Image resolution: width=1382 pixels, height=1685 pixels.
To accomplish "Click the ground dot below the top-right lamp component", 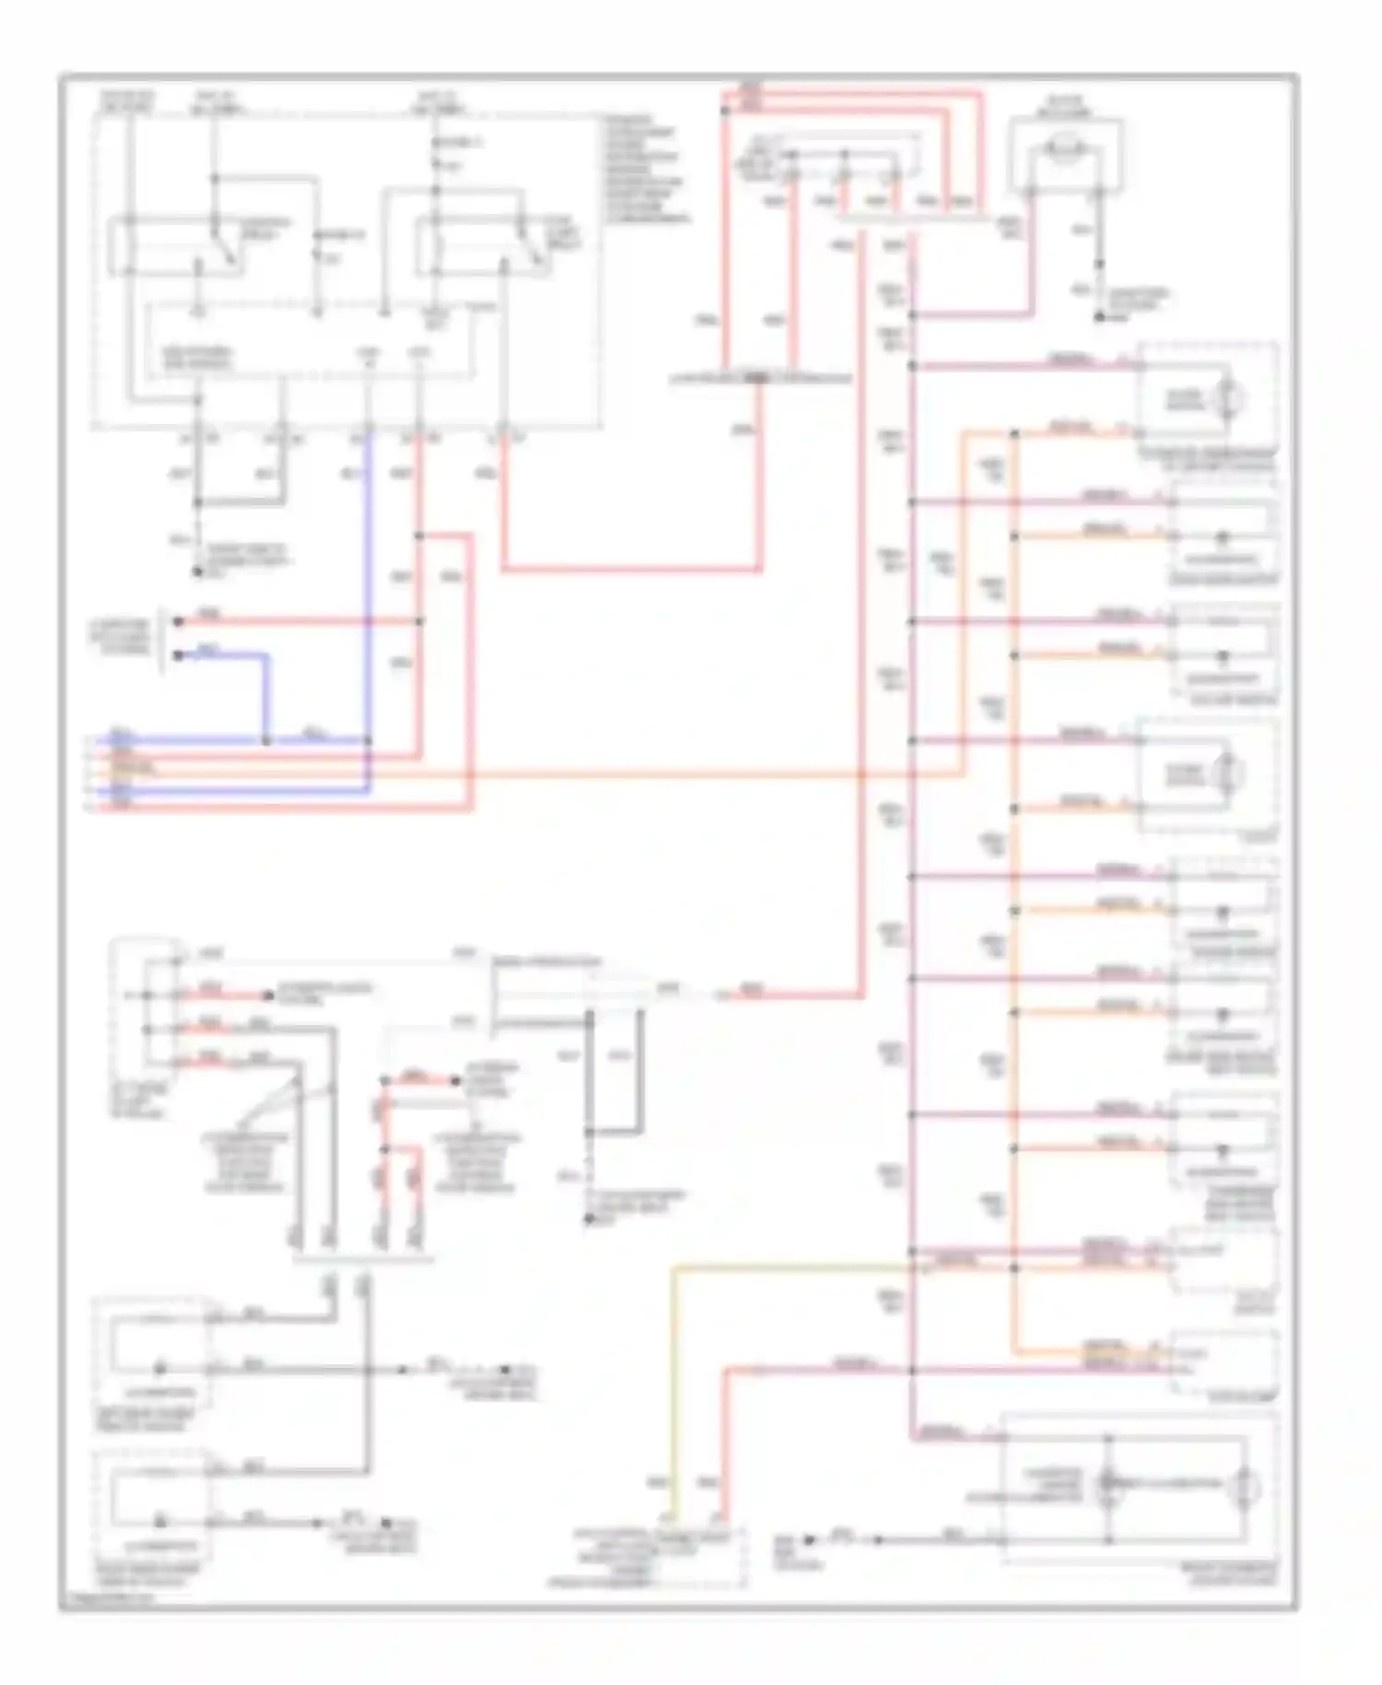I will tap(1099, 317).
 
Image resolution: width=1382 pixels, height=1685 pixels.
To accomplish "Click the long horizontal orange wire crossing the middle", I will tap(645, 775).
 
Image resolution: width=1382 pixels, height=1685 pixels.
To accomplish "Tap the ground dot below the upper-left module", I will tap(197, 571).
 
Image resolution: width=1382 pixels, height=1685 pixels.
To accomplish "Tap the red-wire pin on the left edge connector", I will tap(178, 621).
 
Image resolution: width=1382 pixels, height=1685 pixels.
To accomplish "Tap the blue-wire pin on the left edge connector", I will tap(178, 655).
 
